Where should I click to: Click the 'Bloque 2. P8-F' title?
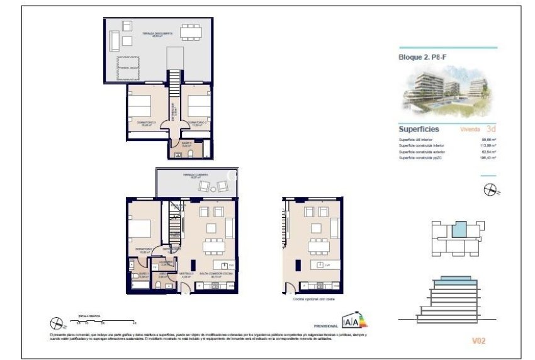(x=422, y=58)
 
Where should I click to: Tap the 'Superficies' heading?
(x=419, y=128)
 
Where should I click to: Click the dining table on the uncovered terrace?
(x=189, y=31)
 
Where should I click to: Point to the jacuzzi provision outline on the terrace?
(x=128, y=67)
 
